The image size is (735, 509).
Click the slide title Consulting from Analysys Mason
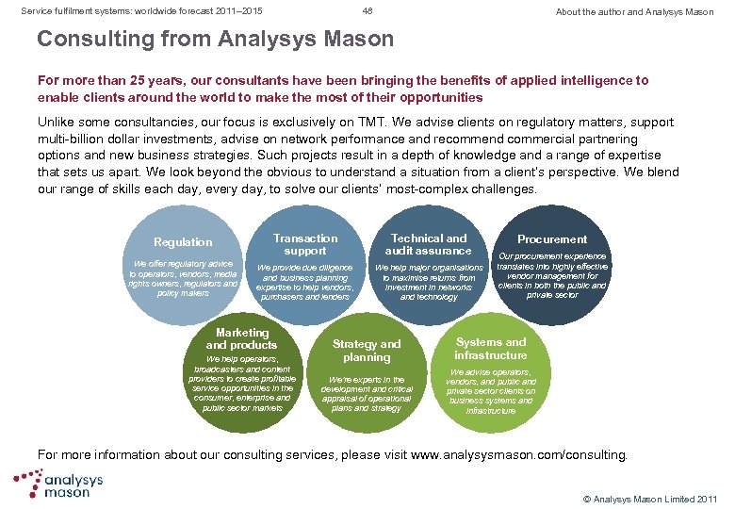pyautogui.click(x=215, y=40)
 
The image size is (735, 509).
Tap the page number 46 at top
pyautogui.click(x=367, y=11)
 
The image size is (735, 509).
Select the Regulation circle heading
pyautogui.click(x=183, y=242)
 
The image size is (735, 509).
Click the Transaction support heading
pyautogui.click(x=304, y=245)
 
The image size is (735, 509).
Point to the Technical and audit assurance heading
pyautogui.click(x=429, y=245)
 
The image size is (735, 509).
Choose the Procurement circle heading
pyautogui.click(x=552, y=239)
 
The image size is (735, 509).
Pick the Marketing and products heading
pyautogui.click(x=242, y=338)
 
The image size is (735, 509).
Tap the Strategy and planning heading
pyautogui.click(x=367, y=351)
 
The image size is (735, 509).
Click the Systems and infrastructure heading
pyautogui.click(x=490, y=348)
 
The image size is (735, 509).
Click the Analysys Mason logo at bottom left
pyautogui.click(x=58, y=484)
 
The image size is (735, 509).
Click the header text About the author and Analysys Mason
pyautogui.click(x=634, y=12)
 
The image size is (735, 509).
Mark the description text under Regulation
pyautogui.click(x=183, y=278)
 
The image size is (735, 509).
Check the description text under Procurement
pyautogui.click(x=552, y=275)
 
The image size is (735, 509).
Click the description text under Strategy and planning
pyautogui.click(x=367, y=394)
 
